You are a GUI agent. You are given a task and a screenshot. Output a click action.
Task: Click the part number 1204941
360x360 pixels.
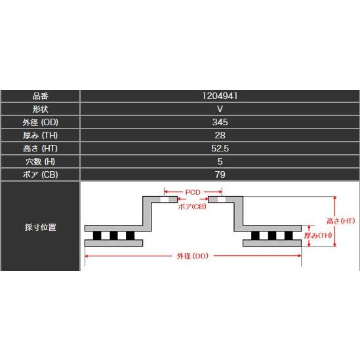220,96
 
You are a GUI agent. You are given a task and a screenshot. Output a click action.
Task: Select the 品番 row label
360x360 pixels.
41,96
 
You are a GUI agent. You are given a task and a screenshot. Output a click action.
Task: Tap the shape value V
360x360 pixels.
220,109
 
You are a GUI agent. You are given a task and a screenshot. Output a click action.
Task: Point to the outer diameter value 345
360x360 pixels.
220,122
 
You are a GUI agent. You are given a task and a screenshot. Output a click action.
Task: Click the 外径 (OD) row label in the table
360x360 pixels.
41,122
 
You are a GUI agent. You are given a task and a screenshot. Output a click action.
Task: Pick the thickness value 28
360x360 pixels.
220,135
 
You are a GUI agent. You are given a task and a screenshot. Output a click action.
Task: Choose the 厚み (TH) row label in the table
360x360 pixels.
41,135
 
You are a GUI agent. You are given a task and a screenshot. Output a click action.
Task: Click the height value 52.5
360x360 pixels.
220,148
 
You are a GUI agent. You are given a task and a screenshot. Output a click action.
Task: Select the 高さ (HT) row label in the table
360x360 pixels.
41,148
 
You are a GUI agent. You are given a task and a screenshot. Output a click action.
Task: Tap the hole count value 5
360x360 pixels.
220,161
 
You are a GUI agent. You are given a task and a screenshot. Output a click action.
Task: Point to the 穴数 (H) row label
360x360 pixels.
41,161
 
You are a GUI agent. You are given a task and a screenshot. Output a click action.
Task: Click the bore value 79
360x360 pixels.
220,174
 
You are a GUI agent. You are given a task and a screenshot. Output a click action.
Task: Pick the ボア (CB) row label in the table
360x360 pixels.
41,174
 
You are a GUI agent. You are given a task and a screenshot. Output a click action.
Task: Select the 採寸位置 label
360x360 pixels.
41,227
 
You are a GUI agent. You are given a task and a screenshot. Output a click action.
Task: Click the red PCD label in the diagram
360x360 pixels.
193,192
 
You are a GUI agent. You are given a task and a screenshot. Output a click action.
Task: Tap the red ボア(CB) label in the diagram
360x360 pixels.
192,207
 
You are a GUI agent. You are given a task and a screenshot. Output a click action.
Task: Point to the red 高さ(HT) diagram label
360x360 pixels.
341,221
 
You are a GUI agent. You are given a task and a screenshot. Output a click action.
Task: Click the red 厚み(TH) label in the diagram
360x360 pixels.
318,235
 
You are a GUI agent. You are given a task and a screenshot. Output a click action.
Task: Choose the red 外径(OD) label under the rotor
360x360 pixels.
193,256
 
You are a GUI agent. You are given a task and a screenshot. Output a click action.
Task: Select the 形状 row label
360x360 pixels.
41,109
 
